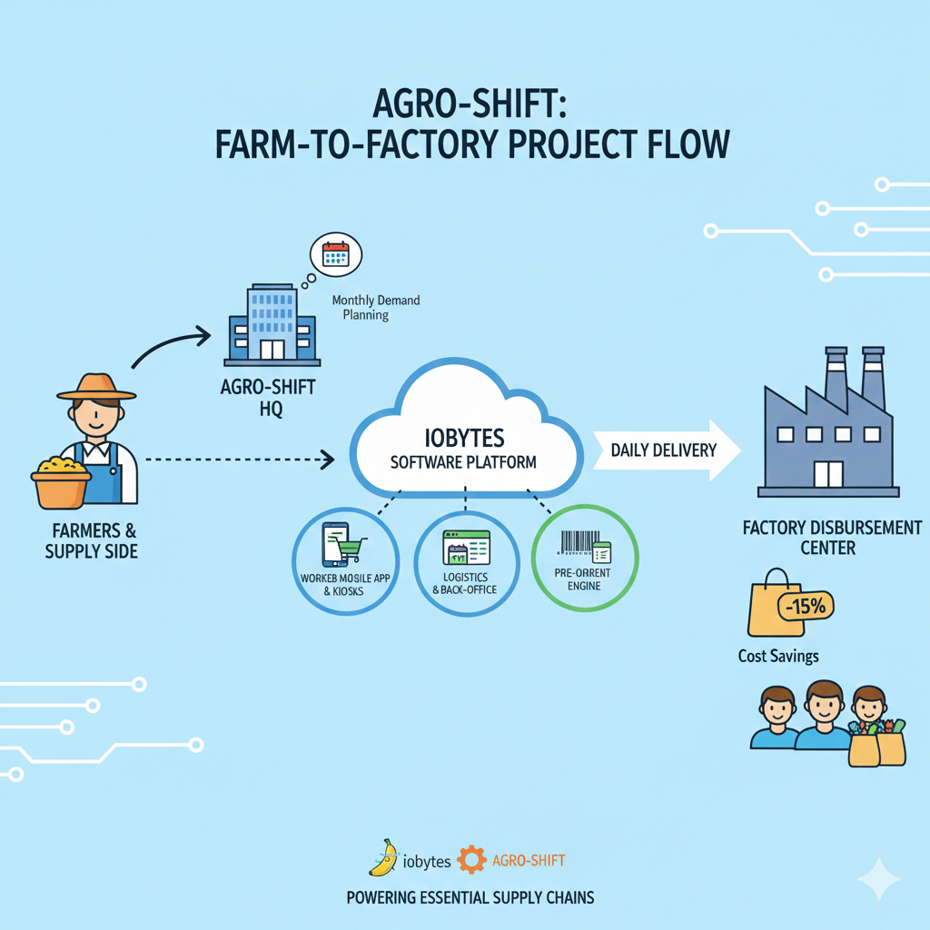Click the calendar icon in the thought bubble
336,253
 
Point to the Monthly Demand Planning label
375,308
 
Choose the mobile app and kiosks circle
344,558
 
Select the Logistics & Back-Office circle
466,558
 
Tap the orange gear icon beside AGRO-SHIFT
470,859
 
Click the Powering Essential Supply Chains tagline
470,897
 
